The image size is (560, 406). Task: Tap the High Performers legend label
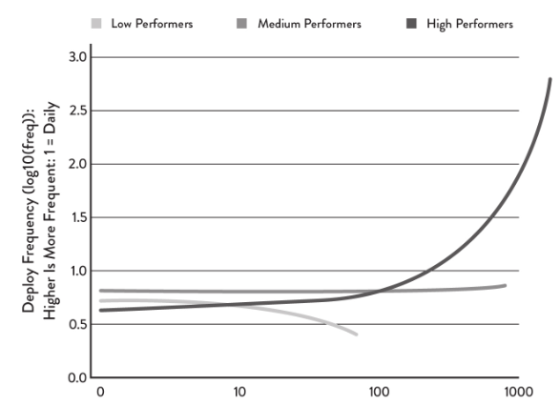tap(469, 23)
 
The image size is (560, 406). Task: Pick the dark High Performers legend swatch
tap(414, 23)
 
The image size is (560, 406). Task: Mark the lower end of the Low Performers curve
tap(357, 335)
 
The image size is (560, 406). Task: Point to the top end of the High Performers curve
tap(550, 79)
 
